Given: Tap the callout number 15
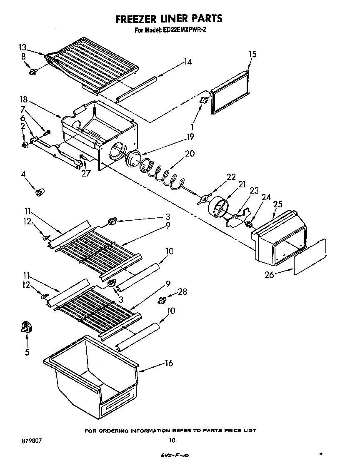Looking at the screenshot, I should point(252,54).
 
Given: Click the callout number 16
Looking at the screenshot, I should point(168,363).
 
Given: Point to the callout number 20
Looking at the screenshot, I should point(190,153).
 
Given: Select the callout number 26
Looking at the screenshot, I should point(270,274).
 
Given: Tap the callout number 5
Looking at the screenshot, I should point(27,352).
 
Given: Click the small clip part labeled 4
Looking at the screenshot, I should point(40,192).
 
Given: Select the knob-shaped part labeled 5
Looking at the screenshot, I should point(26,328).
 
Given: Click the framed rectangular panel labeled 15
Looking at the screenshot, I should point(230,92).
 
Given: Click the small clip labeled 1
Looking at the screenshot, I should point(204,100).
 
